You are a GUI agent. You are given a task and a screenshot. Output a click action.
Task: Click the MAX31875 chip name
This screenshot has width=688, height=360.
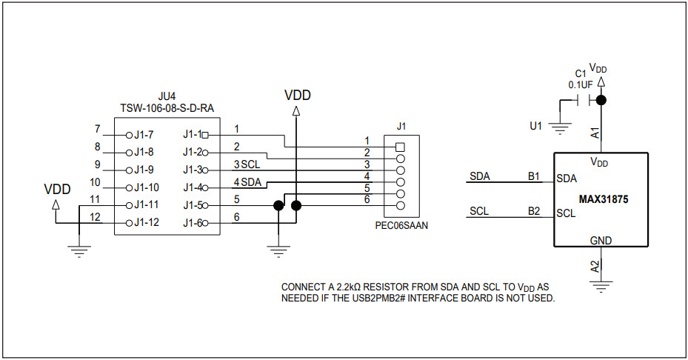pos(601,200)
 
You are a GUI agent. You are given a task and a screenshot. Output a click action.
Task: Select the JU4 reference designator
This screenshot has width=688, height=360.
pos(167,96)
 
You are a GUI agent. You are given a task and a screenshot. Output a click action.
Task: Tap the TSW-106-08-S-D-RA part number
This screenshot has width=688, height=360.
pos(167,108)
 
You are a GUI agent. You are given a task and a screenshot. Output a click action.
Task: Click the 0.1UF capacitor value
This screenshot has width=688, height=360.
pos(581,84)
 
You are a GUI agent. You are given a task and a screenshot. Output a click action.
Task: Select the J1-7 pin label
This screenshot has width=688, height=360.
pos(144,135)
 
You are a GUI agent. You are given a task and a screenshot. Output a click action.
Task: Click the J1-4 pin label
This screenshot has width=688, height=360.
pos(192,187)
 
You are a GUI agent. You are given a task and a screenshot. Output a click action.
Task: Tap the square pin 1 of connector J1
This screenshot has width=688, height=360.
pos(401,146)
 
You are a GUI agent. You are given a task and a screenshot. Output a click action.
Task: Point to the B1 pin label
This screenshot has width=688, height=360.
pos(534,177)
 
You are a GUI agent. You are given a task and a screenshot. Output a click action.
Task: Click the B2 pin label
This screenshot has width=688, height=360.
pos(534,212)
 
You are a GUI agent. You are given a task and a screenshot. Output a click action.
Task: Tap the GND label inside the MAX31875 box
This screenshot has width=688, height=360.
pos(601,241)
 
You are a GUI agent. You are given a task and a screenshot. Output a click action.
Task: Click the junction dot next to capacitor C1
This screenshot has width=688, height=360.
pos(601,100)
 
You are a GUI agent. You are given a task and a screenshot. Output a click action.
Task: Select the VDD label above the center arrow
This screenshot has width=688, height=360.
pos(298,96)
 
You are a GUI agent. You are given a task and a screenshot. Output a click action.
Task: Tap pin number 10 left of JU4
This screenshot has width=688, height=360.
pos(95,181)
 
